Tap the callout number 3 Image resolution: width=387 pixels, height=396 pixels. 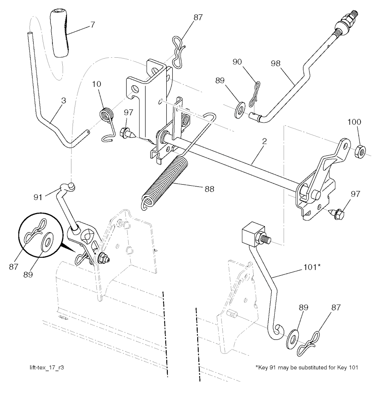coord(63,101)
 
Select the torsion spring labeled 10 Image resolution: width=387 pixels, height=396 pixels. coord(107,114)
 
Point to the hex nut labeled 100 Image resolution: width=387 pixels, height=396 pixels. coord(360,151)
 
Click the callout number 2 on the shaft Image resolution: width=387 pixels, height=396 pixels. coord(265,142)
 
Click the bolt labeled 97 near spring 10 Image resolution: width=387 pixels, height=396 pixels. coord(126,133)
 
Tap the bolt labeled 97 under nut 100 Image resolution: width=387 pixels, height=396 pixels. coord(336,213)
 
